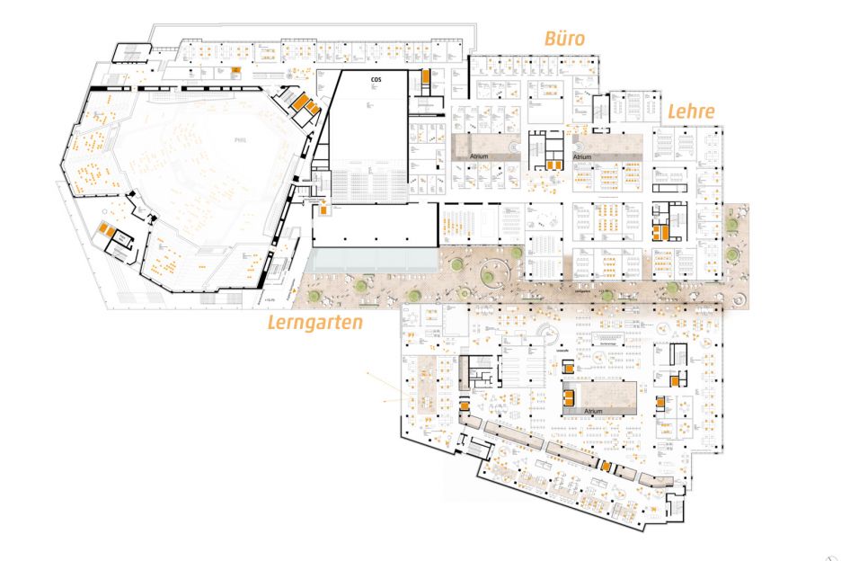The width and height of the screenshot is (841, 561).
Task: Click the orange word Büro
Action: point(564,38)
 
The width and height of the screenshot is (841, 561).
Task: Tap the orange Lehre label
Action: point(690,111)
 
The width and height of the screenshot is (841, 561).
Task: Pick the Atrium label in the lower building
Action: point(593,410)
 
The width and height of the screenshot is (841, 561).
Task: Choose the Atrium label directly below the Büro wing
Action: point(482,156)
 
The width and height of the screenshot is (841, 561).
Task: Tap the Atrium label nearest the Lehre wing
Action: point(582,156)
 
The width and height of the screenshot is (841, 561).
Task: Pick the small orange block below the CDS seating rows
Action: point(321,210)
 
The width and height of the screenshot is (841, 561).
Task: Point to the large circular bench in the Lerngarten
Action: point(491,271)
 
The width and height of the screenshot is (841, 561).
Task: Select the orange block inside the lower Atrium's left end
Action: point(569,394)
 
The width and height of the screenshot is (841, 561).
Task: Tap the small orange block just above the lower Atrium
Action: point(568,366)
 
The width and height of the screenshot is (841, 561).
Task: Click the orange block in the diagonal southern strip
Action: point(606,465)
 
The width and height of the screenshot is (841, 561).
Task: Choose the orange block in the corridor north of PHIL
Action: point(236,70)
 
